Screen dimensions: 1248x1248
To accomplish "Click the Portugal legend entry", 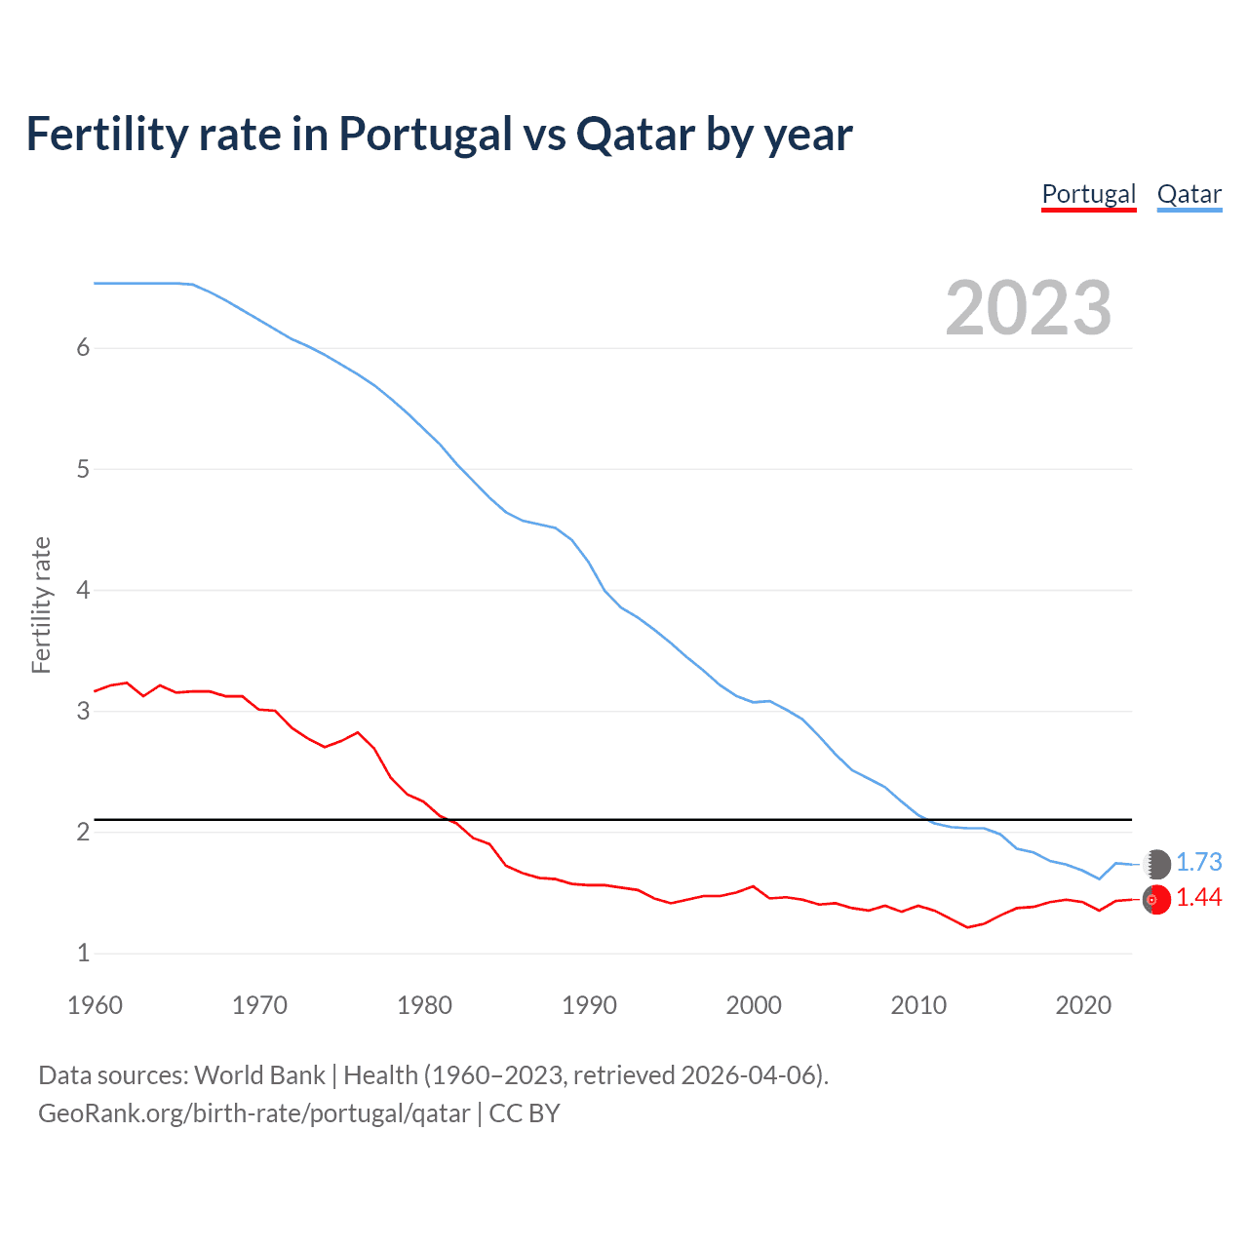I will coord(1088,194).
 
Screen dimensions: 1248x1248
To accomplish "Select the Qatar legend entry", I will coord(1189,194).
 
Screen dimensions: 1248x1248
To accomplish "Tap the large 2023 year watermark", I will coord(1028,308).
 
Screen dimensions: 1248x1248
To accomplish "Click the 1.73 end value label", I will coord(1198,863).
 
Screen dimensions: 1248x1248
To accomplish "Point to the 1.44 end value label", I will coord(1198,898).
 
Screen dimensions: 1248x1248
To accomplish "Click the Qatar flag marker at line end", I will coord(1157,864).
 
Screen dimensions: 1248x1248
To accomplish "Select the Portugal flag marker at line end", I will coord(1157,900).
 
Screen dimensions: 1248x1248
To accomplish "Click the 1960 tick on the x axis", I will coord(95,1005).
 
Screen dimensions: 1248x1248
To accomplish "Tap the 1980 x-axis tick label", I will coord(424,1005).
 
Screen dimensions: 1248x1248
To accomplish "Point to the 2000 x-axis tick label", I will coord(754,1005).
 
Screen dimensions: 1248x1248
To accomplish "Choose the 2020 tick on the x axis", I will coord(1083,1005).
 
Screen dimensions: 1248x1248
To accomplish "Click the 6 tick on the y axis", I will coord(83,348).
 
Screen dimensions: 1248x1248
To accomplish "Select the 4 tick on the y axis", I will coord(83,590).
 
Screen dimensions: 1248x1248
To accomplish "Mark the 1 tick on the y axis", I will coord(83,954).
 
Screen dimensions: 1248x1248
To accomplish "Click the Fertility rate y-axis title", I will coord(41,604).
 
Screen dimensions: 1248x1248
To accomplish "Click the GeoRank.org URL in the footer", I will coord(253,1113).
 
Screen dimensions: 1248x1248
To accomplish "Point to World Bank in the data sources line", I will coord(259,1075).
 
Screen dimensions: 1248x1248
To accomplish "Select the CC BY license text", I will coord(525,1113).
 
